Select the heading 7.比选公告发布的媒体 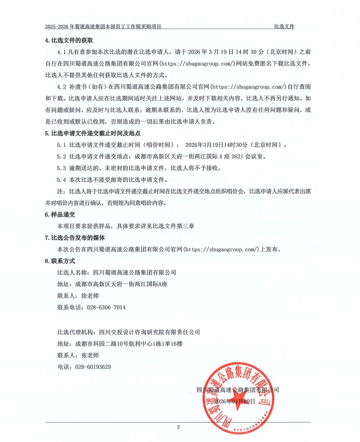pos(75,238)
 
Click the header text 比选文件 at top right pos(284,26)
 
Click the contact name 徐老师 pos(90,296)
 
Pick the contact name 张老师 pos(90,355)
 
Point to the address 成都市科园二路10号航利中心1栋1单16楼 pos(129,343)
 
